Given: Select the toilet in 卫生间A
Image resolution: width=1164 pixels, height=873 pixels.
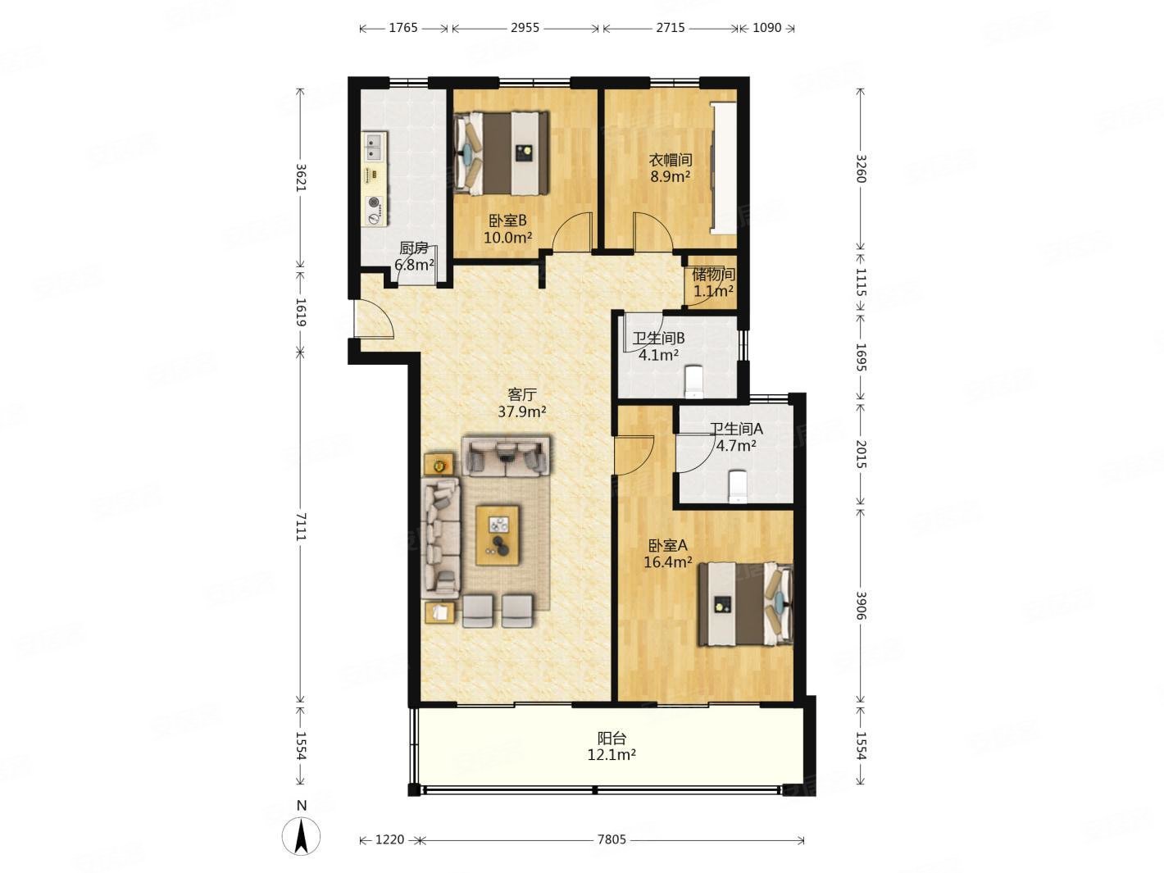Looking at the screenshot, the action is click(738, 487).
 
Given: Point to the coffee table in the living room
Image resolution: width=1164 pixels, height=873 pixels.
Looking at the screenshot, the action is click(497, 535).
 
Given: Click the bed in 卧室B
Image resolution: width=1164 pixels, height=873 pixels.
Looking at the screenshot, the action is click(501, 154).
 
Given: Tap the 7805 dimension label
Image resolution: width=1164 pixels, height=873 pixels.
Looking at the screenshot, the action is click(612, 839).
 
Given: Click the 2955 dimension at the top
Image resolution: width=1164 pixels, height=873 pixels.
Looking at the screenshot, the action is click(525, 28).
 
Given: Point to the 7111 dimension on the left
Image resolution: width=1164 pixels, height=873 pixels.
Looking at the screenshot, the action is click(301, 525).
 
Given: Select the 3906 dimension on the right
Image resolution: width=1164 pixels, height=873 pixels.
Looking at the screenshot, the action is click(860, 605).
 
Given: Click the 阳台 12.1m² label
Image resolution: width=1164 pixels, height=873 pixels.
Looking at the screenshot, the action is click(612, 746).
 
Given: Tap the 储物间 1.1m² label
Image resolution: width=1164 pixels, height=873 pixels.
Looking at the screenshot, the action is click(713, 283).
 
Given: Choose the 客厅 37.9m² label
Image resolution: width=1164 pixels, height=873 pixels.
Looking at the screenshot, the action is click(522, 402).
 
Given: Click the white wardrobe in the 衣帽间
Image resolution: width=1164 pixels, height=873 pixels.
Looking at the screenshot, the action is click(724, 167).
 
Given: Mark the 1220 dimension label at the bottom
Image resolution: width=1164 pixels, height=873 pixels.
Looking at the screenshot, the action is click(389, 839).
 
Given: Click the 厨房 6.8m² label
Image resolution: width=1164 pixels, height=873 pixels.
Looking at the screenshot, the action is click(414, 256).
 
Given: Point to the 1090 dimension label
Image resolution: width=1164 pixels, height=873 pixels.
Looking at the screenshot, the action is click(766, 28).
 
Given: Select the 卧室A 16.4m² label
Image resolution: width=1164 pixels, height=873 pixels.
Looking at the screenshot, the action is click(667, 553).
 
